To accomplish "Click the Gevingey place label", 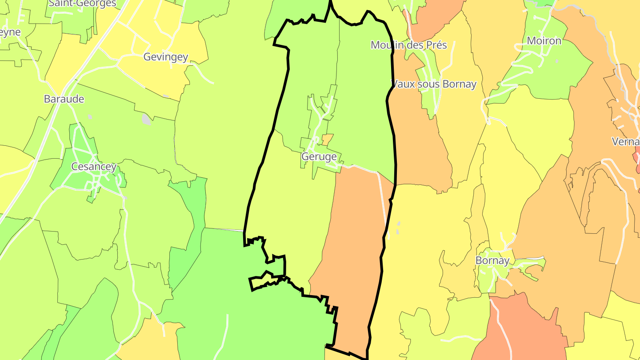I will pyautogui.click(x=166, y=57).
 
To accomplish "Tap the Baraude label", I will pyautogui.click(x=64, y=99).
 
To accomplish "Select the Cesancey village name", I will pyautogui.click(x=94, y=167).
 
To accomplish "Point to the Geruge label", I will pyautogui.click(x=319, y=156).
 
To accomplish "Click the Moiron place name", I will pyautogui.click(x=544, y=41).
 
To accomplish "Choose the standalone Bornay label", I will pyautogui.click(x=492, y=260).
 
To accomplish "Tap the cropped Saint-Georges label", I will pyautogui.click(x=83, y=4).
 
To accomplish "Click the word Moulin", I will pyautogui.click(x=388, y=45).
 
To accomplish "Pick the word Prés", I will pyautogui.click(x=435, y=45).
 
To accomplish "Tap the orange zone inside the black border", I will pyautogui.click(x=351, y=249).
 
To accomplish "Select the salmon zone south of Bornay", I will pyautogui.click(x=520, y=329).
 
